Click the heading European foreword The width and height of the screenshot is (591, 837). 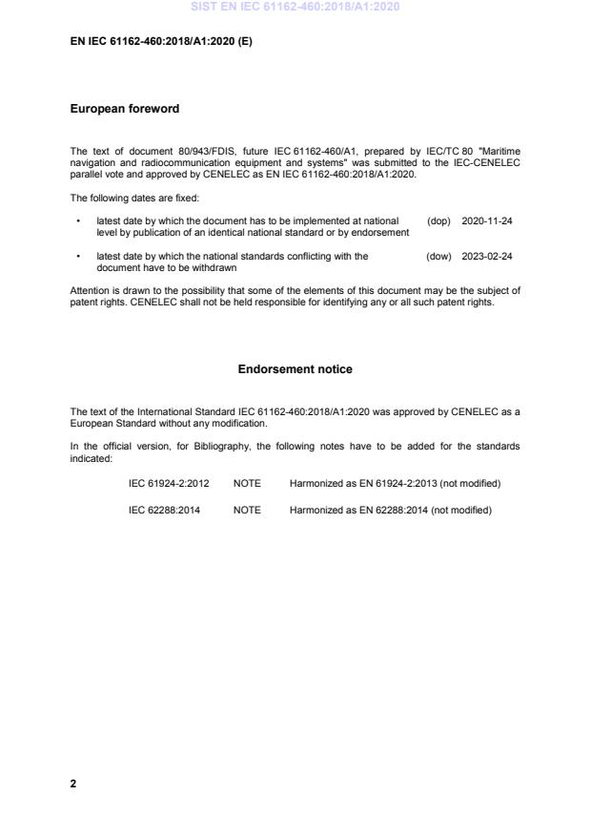pyautogui.click(x=125, y=109)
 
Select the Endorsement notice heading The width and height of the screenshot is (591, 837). pyautogui.click(x=295, y=368)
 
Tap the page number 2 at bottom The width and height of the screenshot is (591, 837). pyautogui.click(x=73, y=784)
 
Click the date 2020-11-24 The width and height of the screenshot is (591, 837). pyautogui.click(x=487, y=220)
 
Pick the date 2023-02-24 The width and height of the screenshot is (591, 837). pyautogui.click(x=487, y=256)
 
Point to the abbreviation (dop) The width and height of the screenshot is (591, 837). pyautogui.click(x=438, y=220)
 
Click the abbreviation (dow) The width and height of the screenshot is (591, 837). pyautogui.click(x=438, y=256)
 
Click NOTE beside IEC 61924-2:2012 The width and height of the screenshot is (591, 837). pyautogui.click(x=247, y=483)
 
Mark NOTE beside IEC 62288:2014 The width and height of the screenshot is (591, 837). pyautogui.click(x=247, y=510)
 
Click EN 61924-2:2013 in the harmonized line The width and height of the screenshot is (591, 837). pyautogui.click(x=390, y=483)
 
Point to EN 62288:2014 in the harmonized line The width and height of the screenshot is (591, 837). pyautogui.click(x=385, y=510)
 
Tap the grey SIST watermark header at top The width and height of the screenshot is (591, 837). pyautogui.click(x=295, y=7)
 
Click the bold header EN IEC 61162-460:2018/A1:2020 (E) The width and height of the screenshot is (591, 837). pyautogui.click(x=161, y=44)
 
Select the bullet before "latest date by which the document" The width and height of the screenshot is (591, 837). pyautogui.click(x=76, y=220)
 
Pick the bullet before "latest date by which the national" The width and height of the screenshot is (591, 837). pyautogui.click(x=76, y=256)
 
